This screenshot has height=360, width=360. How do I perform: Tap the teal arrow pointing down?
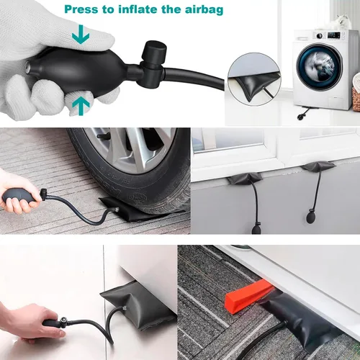(x=81, y=34)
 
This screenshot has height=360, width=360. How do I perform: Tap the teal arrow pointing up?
(x=81, y=105)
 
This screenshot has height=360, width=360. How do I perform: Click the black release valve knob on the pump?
(x=154, y=51)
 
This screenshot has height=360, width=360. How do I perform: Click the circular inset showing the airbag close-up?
(x=254, y=79)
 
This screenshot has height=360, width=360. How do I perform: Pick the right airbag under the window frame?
(x=318, y=166)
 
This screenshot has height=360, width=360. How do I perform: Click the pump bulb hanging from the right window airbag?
(x=311, y=217)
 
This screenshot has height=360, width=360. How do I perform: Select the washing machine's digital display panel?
(x=333, y=35)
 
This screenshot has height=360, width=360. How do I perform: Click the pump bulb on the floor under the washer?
(x=300, y=117)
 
